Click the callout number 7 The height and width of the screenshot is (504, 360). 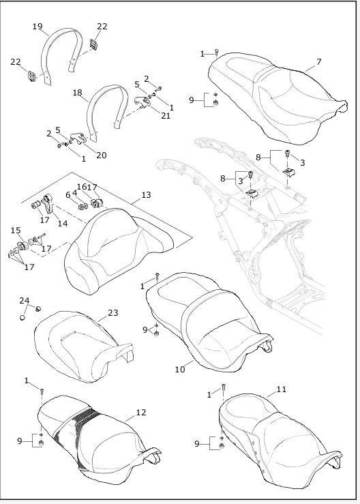(318, 62)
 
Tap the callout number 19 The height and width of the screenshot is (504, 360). (37, 27)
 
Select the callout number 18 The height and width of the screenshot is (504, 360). (77, 92)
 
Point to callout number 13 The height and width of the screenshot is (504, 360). (145, 195)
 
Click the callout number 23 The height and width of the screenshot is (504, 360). (112, 313)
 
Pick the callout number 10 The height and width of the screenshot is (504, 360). (180, 370)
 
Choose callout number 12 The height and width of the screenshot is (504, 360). (141, 412)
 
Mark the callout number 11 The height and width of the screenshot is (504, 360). (281, 389)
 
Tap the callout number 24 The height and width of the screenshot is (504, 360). (24, 300)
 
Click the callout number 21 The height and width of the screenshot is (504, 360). (166, 116)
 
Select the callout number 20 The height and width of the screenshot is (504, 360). (101, 155)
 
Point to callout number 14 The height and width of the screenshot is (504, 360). (63, 223)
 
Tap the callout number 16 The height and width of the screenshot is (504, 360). (82, 186)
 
